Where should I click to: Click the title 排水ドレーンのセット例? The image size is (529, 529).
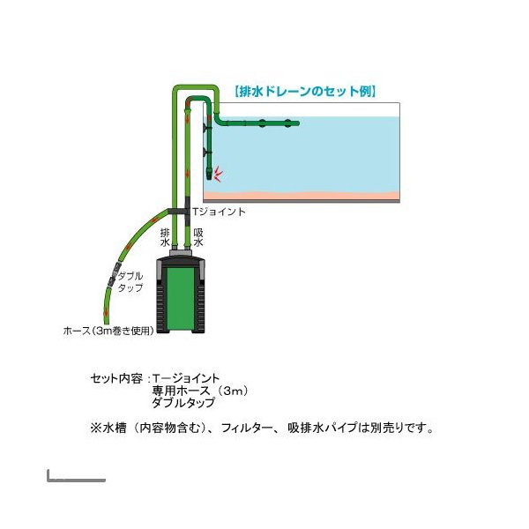click(305, 92)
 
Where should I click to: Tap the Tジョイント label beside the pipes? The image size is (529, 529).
click(219, 212)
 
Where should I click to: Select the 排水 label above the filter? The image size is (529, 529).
click(165, 237)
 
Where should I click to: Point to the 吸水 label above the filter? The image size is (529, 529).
click(198, 237)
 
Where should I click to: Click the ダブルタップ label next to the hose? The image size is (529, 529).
click(130, 282)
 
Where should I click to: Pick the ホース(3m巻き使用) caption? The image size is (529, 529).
click(108, 331)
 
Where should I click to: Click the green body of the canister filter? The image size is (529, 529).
click(181, 299)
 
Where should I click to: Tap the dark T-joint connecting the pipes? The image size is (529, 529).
click(179, 212)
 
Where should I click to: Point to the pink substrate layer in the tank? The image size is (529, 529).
click(302, 196)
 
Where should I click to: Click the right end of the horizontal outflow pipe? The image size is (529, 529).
click(298, 123)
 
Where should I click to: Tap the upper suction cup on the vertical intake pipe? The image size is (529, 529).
click(205, 128)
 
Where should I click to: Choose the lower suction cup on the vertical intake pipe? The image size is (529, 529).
click(205, 153)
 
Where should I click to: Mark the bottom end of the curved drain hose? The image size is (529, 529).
click(105, 323)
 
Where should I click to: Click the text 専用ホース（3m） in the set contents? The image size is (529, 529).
click(200, 391)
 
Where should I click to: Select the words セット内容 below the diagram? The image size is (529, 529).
click(116, 378)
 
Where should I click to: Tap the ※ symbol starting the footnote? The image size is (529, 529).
click(95, 428)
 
